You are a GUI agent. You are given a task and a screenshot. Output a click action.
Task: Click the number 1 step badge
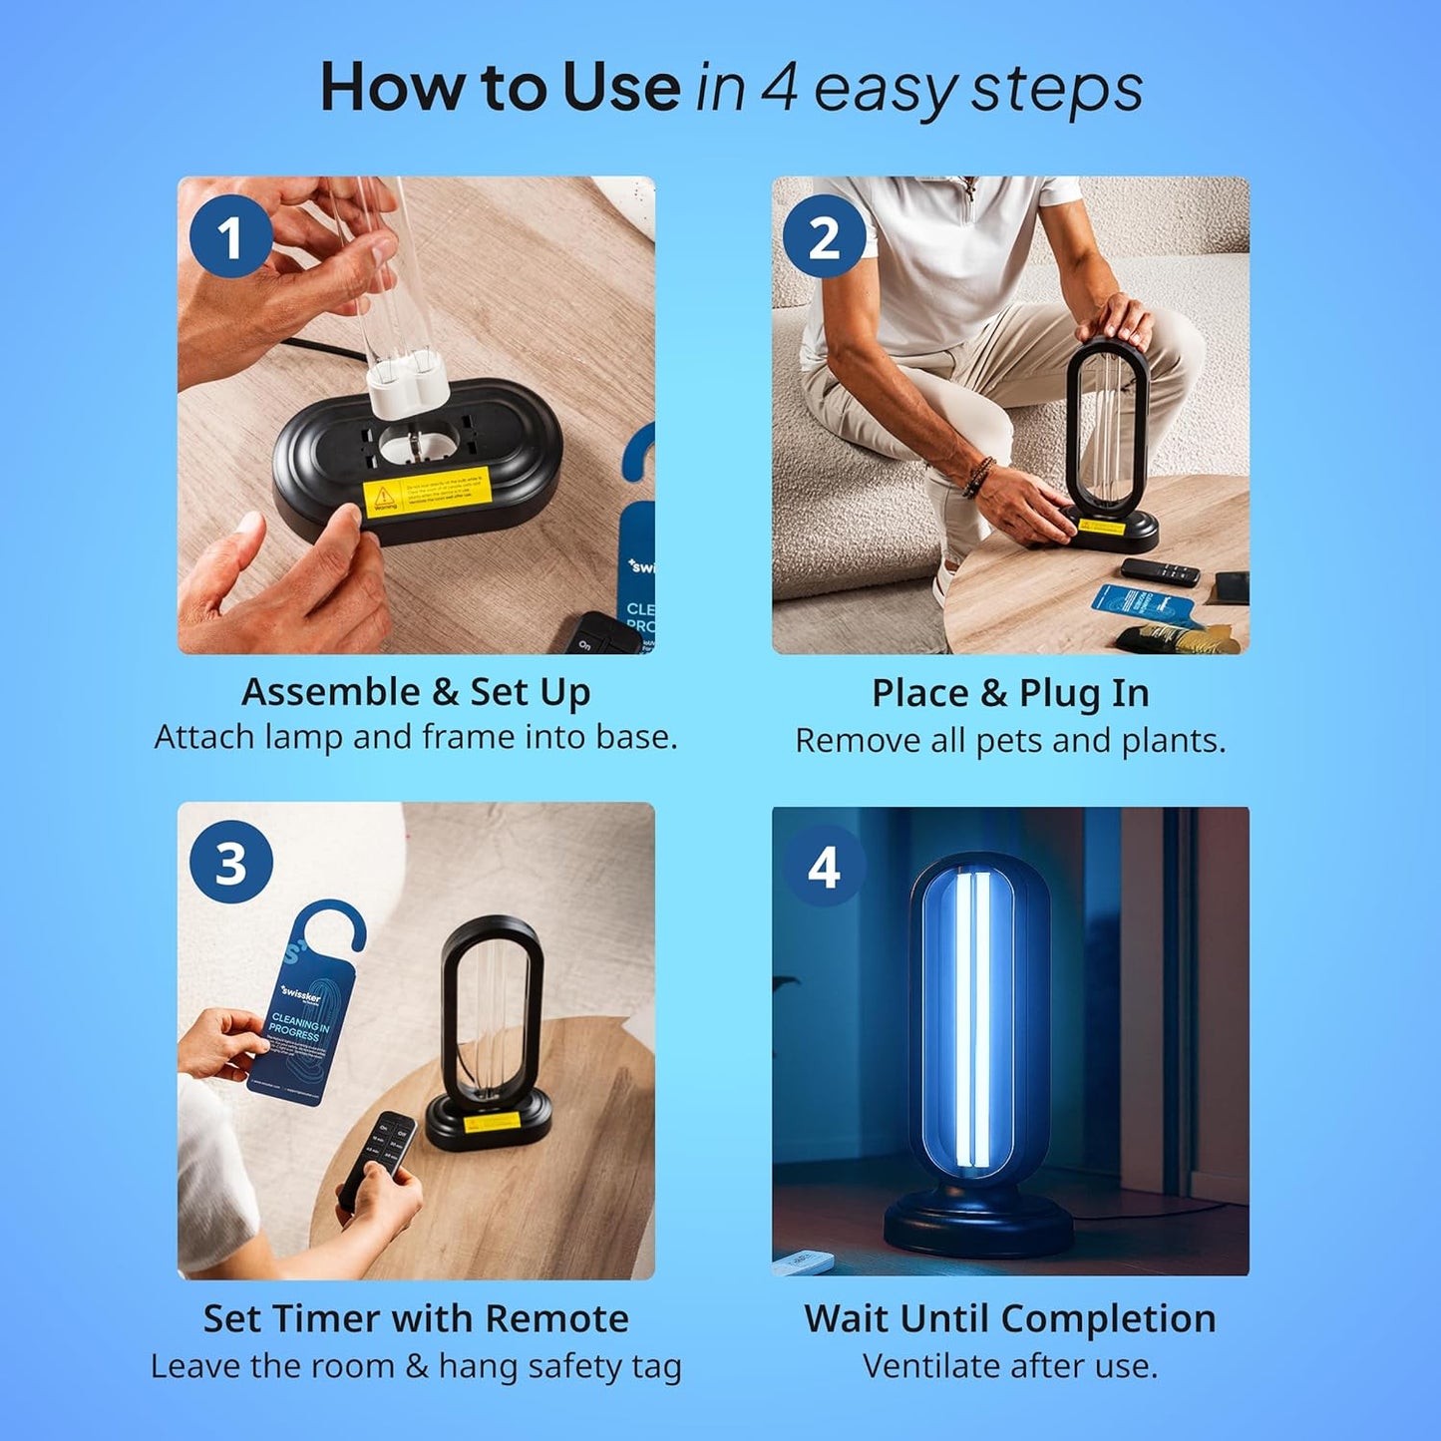(x=230, y=238)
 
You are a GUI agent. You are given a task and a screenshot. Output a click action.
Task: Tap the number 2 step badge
(x=824, y=238)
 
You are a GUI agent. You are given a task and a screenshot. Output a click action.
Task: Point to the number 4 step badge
(x=824, y=867)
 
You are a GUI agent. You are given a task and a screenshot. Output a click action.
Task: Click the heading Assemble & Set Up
(x=416, y=692)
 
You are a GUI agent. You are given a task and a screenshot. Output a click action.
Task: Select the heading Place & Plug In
(x=1010, y=693)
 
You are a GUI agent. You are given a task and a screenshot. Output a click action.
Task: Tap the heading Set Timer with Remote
(x=416, y=1318)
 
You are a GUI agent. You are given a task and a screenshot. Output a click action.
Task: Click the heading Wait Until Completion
(x=1010, y=1318)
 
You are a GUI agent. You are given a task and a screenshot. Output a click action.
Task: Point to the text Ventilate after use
(x=1010, y=1366)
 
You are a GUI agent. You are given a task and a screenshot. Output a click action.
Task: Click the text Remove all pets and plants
(x=1010, y=741)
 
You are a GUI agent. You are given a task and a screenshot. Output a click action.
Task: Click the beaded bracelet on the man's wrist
(x=979, y=477)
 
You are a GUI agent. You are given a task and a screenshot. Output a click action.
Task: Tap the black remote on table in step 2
(x=1160, y=571)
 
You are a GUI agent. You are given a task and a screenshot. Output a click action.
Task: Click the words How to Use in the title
(x=500, y=88)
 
